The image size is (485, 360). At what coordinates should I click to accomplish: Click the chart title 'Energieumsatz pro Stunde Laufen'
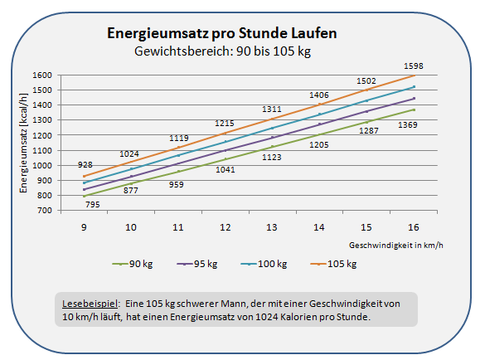(221, 35)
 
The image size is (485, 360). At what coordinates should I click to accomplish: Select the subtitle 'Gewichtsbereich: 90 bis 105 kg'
(221, 51)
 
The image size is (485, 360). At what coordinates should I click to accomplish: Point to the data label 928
(85, 166)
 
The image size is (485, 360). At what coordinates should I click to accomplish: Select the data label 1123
(272, 157)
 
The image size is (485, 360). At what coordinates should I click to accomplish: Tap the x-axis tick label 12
(225, 227)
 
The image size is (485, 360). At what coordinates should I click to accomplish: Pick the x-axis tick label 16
(414, 227)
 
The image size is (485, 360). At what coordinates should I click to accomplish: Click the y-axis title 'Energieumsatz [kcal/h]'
(25, 143)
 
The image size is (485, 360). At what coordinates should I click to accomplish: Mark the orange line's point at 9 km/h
(84, 176)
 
